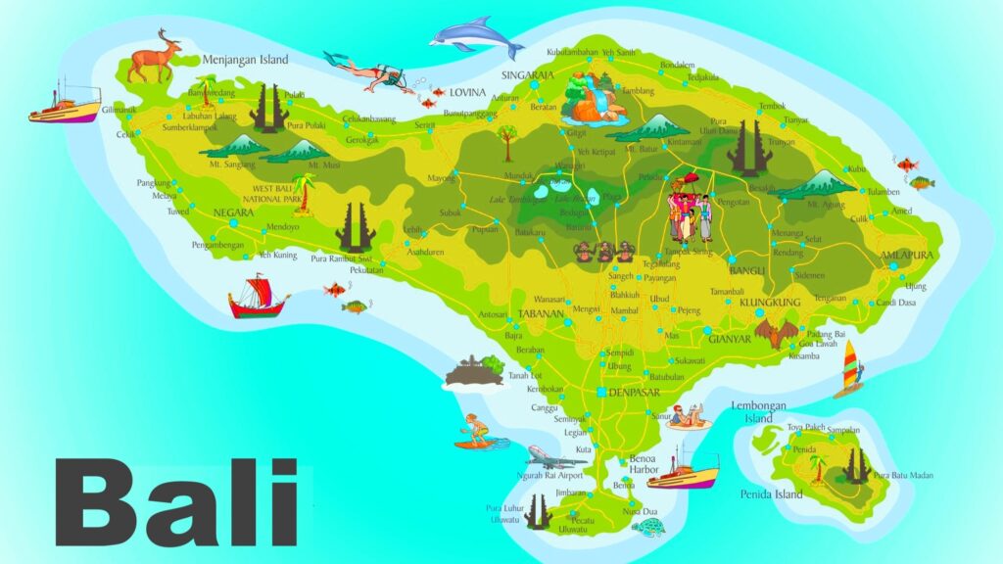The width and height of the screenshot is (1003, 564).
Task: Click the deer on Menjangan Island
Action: [x=155, y=56]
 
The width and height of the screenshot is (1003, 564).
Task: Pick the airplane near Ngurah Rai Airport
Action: [x=554, y=458]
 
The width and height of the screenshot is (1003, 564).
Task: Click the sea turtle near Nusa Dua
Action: [x=648, y=528]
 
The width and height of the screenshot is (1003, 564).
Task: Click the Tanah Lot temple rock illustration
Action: [x=474, y=370]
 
